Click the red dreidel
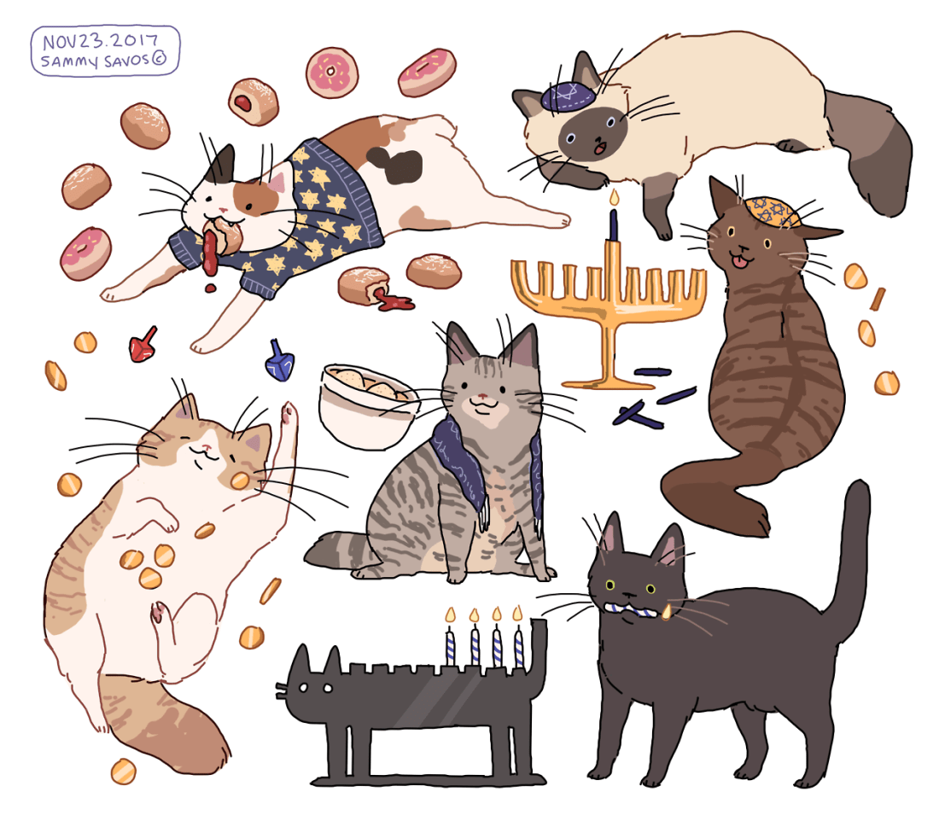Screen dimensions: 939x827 point(143,346)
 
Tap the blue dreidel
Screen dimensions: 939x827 point(279,361)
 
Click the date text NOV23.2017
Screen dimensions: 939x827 point(100,41)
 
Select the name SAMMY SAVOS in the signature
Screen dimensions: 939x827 point(95,61)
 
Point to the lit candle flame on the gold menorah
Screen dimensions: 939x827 point(614,197)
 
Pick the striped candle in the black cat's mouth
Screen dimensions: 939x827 point(635,611)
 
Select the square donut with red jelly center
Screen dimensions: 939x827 point(253,101)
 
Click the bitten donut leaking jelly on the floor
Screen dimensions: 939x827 point(370,288)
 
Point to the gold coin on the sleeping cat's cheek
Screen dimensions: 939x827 point(240,480)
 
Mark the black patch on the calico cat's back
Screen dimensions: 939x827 point(394,164)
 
